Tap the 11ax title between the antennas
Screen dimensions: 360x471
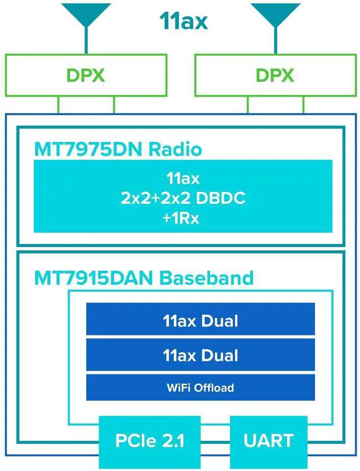(183, 21)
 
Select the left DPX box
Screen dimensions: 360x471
(86, 75)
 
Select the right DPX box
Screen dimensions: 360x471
(275, 75)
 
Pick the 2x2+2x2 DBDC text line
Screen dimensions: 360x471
(183, 198)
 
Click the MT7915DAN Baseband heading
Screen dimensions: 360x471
(144, 278)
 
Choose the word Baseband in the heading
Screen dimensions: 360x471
(206, 278)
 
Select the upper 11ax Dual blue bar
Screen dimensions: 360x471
(200, 320)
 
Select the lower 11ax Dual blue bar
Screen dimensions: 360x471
(200, 355)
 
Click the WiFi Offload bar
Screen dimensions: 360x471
(200, 387)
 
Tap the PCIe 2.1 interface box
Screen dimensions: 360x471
(150, 440)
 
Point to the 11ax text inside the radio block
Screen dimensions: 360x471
(183, 179)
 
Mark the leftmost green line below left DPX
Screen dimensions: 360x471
(59, 105)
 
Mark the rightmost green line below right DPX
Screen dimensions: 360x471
(304, 105)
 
